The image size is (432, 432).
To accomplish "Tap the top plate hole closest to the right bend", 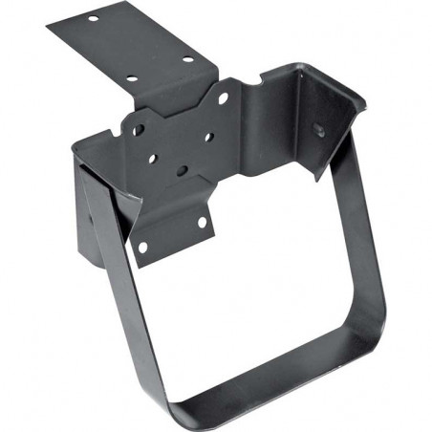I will pos(187,60).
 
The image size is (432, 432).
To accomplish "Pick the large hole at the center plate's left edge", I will pos(139,127).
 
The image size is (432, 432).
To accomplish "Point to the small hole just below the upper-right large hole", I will pos(208,136).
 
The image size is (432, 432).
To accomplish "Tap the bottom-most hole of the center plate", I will pos(182,170).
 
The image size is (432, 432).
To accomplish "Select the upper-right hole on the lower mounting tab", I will pos(201,222).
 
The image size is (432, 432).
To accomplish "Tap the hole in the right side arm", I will pos(318,127).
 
